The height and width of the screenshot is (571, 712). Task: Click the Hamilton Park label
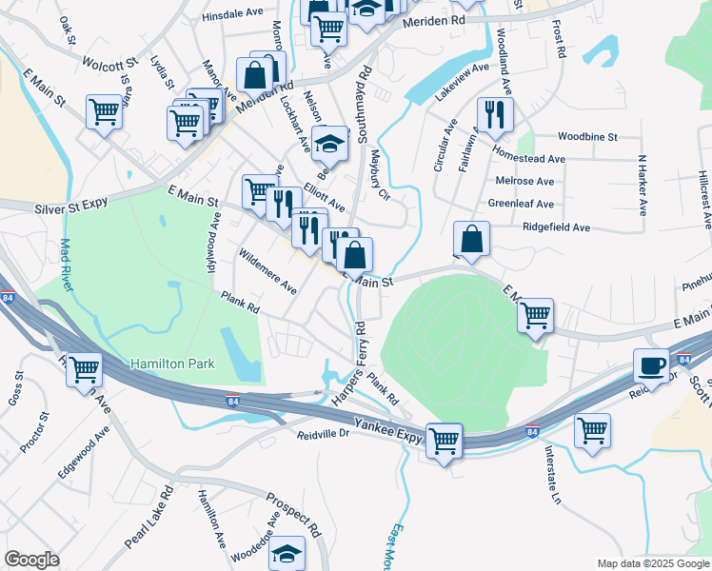coord(172,364)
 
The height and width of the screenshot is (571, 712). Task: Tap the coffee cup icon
coord(652,366)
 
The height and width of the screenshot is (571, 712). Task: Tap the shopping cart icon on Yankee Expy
coord(444,440)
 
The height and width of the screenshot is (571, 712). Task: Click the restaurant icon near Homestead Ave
coord(494,115)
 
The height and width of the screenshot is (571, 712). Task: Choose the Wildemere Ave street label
coord(267,271)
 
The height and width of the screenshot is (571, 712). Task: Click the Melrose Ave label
coord(524,181)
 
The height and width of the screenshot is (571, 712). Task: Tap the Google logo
coord(31,560)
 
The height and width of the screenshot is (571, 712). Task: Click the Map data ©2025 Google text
coord(652,563)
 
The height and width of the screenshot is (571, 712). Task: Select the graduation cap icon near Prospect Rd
coord(287,553)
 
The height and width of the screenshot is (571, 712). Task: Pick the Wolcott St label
coord(110,66)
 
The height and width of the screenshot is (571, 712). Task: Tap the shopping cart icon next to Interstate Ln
coord(592,430)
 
